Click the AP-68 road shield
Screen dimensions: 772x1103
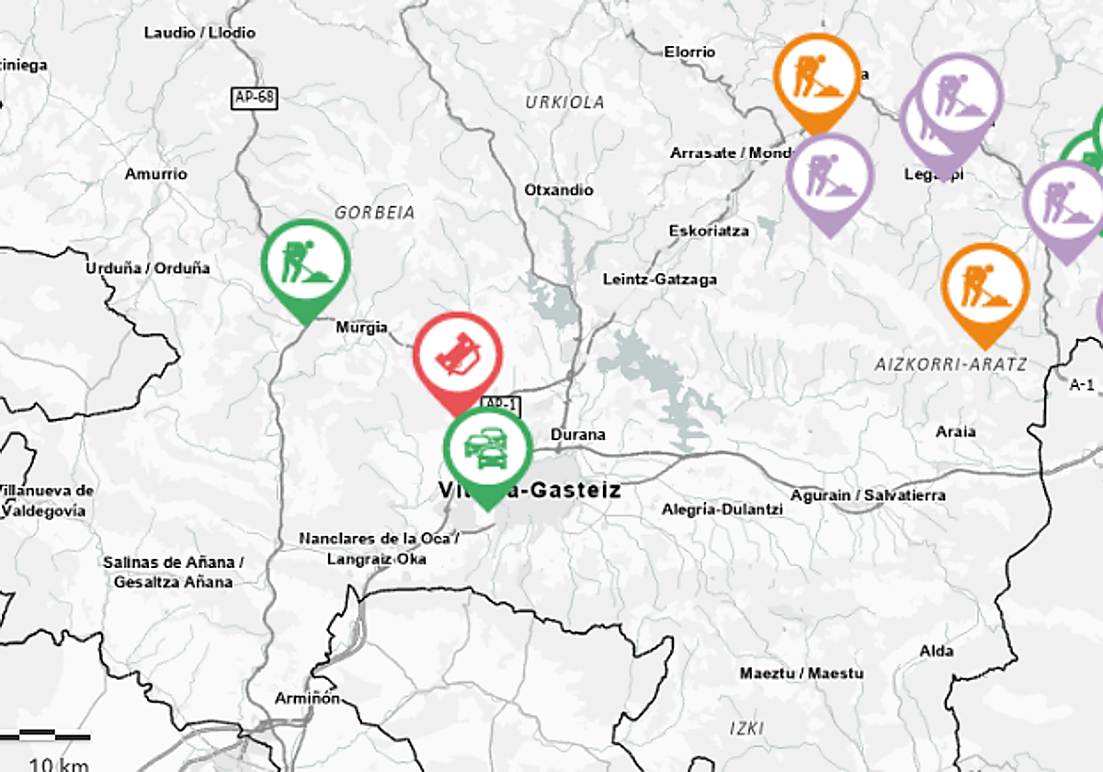click(x=253, y=96)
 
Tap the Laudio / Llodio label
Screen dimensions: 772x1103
click(x=199, y=33)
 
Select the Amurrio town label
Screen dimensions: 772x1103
click(x=156, y=174)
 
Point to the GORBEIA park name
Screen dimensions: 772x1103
click(x=374, y=212)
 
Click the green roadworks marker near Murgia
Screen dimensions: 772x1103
click(x=306, y=264)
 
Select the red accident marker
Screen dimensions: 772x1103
click(x=457, y=357)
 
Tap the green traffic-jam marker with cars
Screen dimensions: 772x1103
click(x=487, y=450)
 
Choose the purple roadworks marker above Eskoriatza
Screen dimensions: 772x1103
click(x=830, y=177)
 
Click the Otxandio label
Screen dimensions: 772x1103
click(x=559, y=190)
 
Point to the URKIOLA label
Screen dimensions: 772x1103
click(x=564, y=103)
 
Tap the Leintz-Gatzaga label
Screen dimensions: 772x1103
click(x=660, y=279)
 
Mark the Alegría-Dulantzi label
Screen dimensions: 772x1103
click(x=722, y=509)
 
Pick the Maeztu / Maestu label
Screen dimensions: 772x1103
click(x=802, y=674)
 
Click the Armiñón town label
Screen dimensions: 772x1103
click(x=307, y=698)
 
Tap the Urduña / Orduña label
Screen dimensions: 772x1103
click(x=147, y=268)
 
